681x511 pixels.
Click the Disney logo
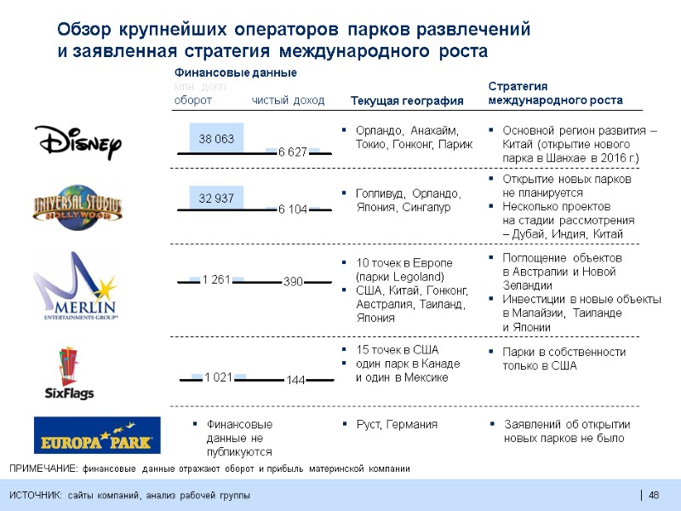coord(77,141)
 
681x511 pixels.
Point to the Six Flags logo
coord(70,373)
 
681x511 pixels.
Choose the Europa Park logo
coord(96,434)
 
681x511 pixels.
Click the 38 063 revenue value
coord(216,138)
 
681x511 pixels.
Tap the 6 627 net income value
coord(293,152)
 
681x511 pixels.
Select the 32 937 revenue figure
coord(216,198)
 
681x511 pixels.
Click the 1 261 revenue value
coord(216,278)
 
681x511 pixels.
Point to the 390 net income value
coord(293,282)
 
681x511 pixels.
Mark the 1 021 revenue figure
coord(219,376)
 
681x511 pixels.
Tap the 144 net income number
coord(296,380)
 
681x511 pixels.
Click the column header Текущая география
coord(407,101)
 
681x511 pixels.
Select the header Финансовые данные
coord(235,72)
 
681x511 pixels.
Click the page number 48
coord(654,496)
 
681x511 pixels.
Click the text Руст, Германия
coord(396,424)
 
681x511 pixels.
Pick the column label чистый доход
coord(288,100)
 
